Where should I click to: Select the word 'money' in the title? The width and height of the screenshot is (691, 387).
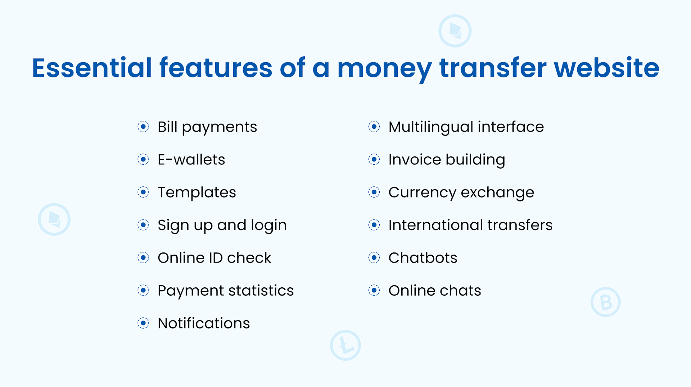[384, 68]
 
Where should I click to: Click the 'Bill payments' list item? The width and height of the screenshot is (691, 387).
[207, 127]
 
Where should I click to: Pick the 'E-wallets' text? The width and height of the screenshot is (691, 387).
[191, 160]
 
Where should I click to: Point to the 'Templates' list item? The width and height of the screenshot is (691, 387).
[197, 192]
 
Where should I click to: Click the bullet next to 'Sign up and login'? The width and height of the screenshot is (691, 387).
[143, 225]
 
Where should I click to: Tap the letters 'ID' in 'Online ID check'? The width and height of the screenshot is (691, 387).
[216, 258]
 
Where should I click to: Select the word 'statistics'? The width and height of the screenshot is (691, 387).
[261, 291]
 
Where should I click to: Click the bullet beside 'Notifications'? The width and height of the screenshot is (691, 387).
[143, 323]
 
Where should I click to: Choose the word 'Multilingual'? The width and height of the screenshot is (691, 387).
[430, 127]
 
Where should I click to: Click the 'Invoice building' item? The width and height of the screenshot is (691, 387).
[446, 160]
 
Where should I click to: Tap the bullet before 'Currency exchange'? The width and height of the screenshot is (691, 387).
[374, 192]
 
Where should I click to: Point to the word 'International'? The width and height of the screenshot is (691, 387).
[435, 225]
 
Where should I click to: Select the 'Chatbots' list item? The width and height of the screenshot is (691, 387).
[423, 258]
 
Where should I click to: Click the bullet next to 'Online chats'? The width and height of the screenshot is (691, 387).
[374, 291]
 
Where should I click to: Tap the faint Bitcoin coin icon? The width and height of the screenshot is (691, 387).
[606, 302]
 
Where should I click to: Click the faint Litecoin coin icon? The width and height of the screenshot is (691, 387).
[345, 345]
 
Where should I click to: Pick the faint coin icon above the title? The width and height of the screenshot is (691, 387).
[455, 31]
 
